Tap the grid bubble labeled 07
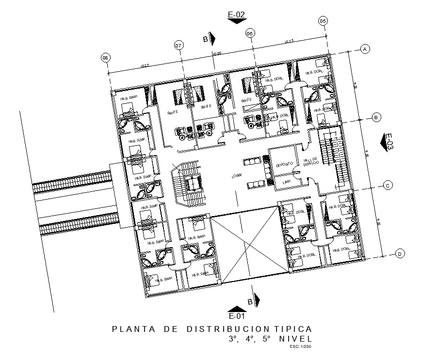(x=178, y=46)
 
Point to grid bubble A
(x=365, y=48)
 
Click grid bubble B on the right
(x=376, y=117)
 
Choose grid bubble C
(x=388, y=185)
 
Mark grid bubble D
(x=399, y=254)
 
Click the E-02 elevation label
(x=237, y=16)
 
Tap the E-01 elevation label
(x=236, y=317)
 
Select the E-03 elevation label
(x=389, y=142)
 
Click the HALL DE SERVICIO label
(x=310, y=163)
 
